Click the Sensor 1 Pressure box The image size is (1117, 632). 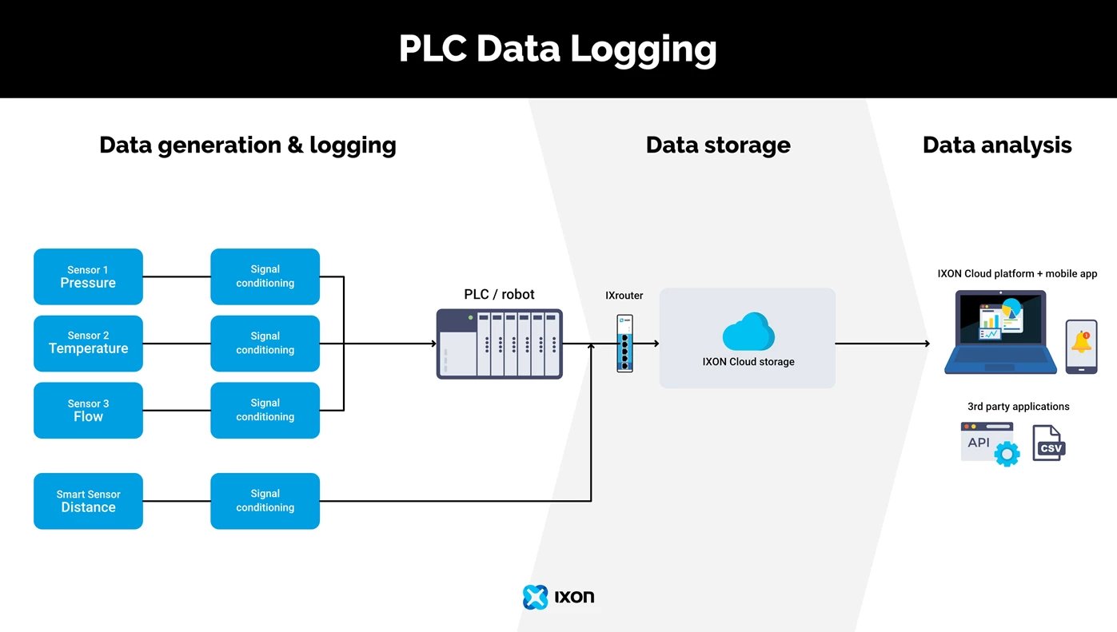coord(88,276)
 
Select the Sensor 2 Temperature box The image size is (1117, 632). coord(88,343)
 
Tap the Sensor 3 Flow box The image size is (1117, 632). coord(88,410)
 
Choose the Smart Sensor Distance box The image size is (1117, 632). coord(88,501)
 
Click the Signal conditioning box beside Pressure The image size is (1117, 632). coord(265,276)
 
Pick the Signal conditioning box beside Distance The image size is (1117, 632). coord(265,501)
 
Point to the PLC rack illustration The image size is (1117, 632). coord(499,344)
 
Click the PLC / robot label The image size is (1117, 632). coord(499,294)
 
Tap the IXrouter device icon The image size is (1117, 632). coord(624,344)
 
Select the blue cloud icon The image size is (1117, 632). coord(748,331)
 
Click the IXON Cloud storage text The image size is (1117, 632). coord(748,362)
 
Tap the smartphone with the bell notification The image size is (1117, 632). coord(1081,346)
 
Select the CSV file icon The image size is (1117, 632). coord(1048,443)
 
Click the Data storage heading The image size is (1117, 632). coord(717,145)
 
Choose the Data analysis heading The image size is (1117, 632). coord(996,145)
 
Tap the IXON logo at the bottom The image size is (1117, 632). coord(558,597)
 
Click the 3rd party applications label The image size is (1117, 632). coord(1018,407)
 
